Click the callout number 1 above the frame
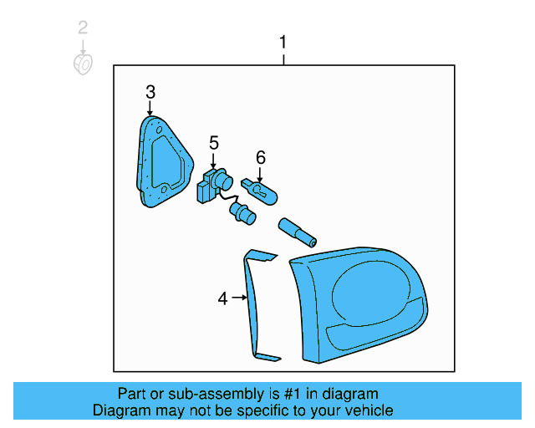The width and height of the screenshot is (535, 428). [x=283, y=42]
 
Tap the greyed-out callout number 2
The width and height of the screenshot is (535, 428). [x=82, y=28]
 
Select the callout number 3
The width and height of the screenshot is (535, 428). [x=150, y=92]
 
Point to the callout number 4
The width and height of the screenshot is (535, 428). [x=222, y=298]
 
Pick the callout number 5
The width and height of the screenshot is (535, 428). [x=213, y=143]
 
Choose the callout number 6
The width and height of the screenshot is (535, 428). [x=260, y=156]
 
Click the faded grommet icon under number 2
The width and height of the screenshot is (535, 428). [x=83, y=64]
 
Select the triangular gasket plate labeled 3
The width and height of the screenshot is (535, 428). [x=162, y=163]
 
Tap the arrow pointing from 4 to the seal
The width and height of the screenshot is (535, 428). [x=241, y=298]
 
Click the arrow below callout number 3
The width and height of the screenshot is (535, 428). [x=150, y=109]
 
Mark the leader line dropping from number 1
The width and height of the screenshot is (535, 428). [x=283, y=59]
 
